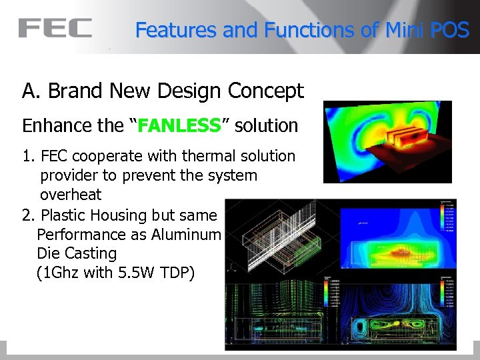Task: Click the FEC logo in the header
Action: click(55, 28)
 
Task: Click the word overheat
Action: click(71, 195)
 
